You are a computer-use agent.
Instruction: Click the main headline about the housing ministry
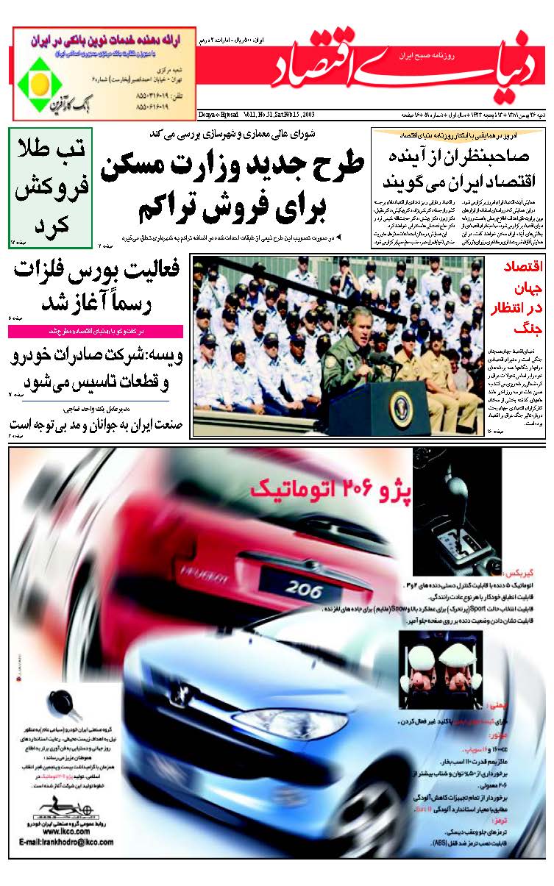coord(232,185)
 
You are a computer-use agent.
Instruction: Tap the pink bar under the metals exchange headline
coord(96,332)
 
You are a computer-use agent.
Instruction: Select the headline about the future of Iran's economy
coord(458,169)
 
